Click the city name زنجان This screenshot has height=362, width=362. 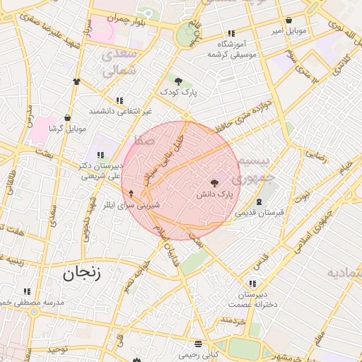82,273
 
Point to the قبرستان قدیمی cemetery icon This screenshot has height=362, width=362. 259,202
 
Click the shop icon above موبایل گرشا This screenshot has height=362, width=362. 67,118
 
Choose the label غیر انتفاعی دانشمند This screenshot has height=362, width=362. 120,112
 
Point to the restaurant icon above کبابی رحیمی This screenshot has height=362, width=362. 198,344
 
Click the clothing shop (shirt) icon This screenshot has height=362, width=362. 76,81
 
